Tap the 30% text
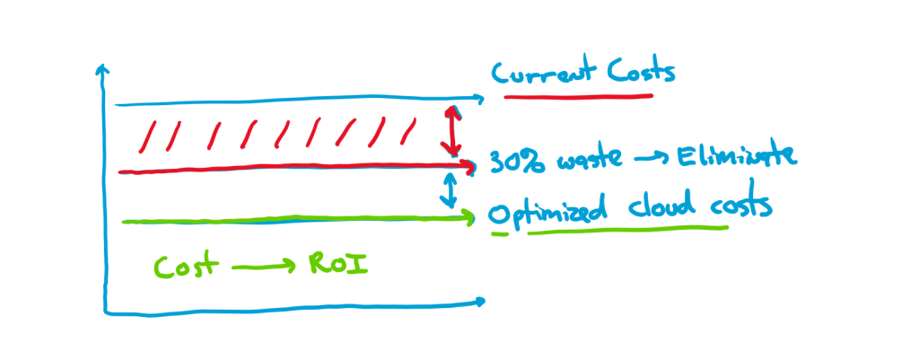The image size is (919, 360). tap(511, 160)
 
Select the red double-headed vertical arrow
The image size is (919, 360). tap(454, 132)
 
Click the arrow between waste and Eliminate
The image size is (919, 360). tap(654, 161)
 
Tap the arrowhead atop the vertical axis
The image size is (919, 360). tap(103, 67)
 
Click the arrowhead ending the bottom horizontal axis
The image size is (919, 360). tap(482, 301)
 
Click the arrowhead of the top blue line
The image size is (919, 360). tap(477, 97)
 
